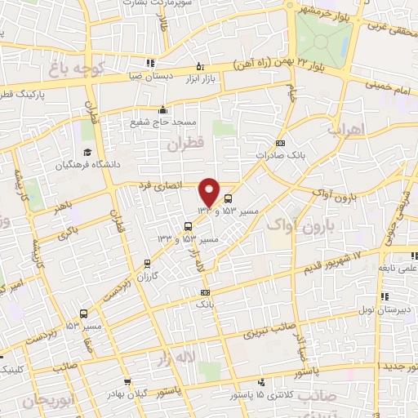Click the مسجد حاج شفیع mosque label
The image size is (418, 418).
(x=162, y=122)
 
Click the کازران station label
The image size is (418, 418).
(x=147, y=276)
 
